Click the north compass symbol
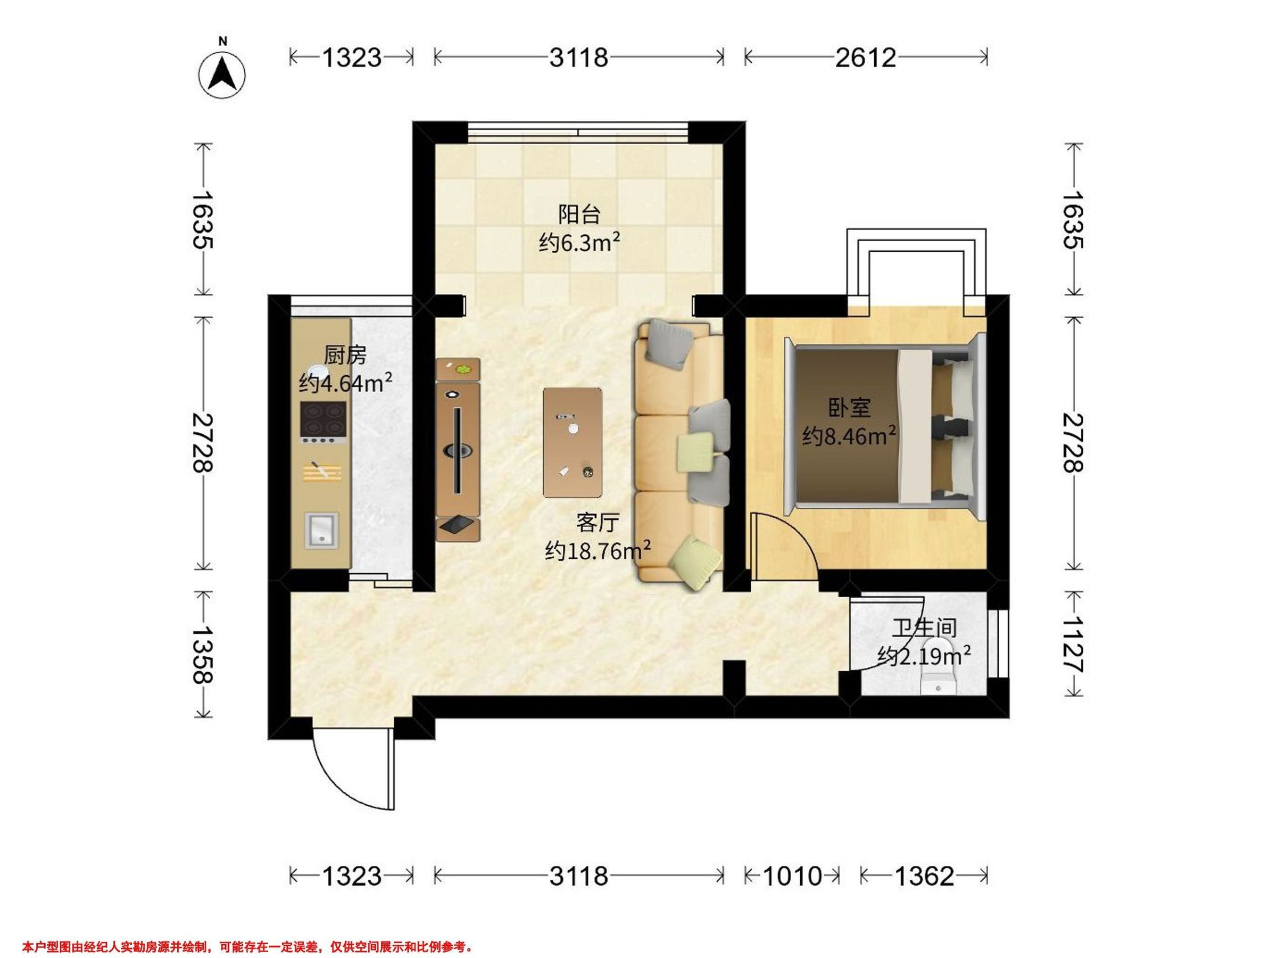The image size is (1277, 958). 222,75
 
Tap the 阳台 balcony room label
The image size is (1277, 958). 579,214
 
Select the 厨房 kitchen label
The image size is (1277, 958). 345,355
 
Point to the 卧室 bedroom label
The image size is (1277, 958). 849,408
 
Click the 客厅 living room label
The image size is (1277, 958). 598,523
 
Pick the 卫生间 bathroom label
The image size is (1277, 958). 924,627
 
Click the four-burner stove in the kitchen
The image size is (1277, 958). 323,422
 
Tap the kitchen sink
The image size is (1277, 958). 321,531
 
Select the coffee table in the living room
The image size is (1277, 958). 573,442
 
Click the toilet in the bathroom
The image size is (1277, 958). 939,668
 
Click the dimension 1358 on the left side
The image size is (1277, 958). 203,654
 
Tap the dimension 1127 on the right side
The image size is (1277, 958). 1073,644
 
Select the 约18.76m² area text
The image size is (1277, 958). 598,551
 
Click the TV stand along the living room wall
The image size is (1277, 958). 458,450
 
